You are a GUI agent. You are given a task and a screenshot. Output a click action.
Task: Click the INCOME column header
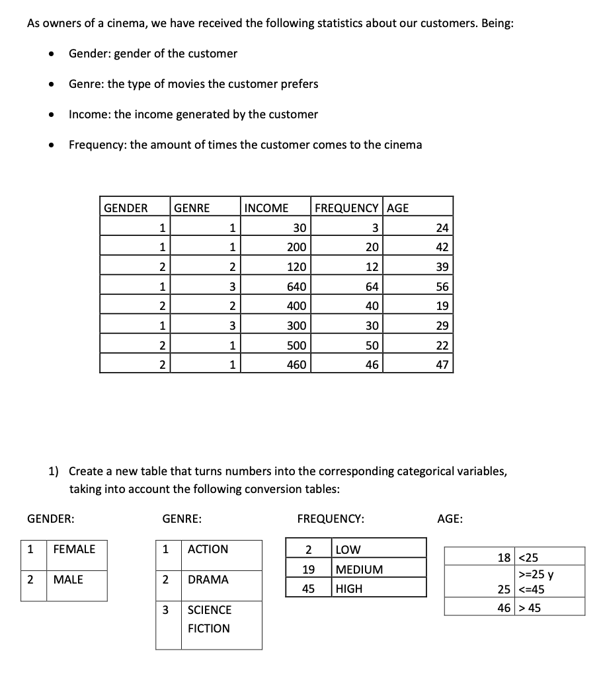[266, 208]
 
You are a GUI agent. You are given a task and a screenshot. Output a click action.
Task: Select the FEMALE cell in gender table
[74, 549]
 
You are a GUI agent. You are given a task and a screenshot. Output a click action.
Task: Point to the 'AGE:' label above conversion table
[450, 519]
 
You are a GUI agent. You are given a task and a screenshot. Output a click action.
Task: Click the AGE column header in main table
[398, 208]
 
